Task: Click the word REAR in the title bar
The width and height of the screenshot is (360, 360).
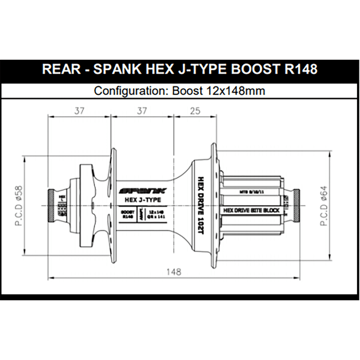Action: pyautogui.click(x=61, y=69)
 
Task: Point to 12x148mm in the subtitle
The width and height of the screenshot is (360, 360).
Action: pyautogui.click(x=234, y=90)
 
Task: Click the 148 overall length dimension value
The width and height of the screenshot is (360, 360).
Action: pyautogui.click(x=174, y=272)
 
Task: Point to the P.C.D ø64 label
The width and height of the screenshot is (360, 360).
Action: pyautogui.click(x=324, y=206)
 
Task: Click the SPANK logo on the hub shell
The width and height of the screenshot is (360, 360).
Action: pyautogui.click(x=143, y=191)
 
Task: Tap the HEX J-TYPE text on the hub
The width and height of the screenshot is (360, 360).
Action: pyautogui.click(x=142, y=200)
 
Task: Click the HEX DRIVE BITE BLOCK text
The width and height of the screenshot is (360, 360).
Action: pyautogui.click(x=251, y=210)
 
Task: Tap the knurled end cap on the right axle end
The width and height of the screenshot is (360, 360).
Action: pyautogui.click(x=296, y=206)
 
